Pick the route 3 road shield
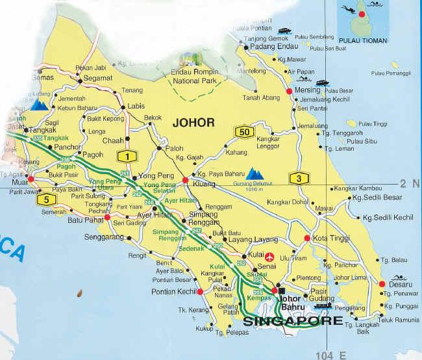point(297,179)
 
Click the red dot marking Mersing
point(289,90)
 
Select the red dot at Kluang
point(185,180)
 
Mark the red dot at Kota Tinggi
point(307,239)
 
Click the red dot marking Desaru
point(382,283)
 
